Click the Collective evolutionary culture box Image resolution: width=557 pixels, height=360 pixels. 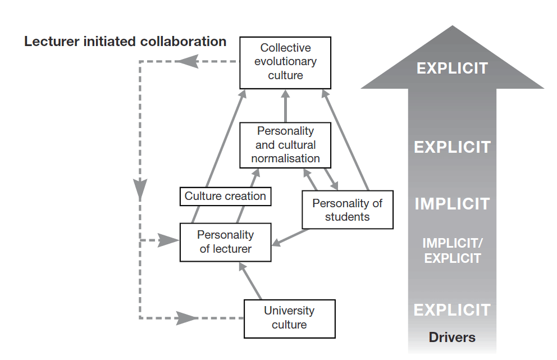pyautogui.click(x=285, y=62)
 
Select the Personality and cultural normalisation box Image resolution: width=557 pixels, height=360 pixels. pyautogui.click(x=285, y=144)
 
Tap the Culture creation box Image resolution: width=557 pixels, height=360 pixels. pyautogui.click(x=225, y=196)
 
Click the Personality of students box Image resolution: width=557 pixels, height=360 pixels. pyautogui.click(x=347, y=209)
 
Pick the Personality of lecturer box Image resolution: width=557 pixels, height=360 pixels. pyautogui.click(x=225, y=241)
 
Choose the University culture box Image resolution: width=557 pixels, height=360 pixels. pyautogui.click(x=289, y=317)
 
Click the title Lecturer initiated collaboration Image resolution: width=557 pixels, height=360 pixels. pyautogui.click(x=125, y=42)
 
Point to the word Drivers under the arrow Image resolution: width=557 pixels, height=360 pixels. pyautogui.click(x=452, y=338)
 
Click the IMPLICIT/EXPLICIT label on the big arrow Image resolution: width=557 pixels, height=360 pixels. pyautogui.click(x=452, y=250)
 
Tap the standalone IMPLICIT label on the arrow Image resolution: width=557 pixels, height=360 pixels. pyautogui.click(x=452, y=203)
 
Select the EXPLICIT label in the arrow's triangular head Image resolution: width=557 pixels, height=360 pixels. pyautogui.click(x=452, y=69)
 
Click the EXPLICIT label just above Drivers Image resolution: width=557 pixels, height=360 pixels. pyautogui.click(x=452, y=309)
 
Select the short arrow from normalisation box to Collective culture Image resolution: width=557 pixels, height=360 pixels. pyautogui.click(x=285, y=107)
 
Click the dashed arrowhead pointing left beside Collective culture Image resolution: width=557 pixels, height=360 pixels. pyautogui.click(x=189, y=61)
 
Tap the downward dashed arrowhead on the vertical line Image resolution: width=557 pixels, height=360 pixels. pyautogui.click(x=139, y=188)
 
